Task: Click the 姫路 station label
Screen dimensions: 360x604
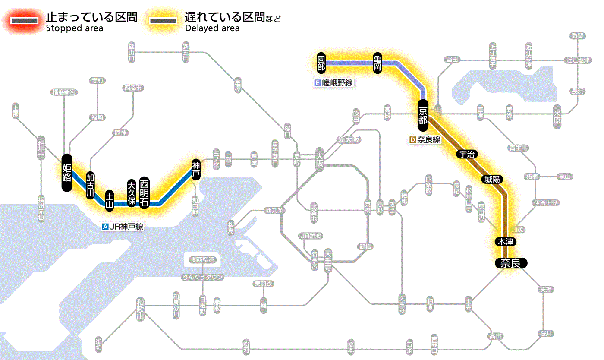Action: [x=66, y=172]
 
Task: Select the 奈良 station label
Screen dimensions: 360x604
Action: [x=511, y=263]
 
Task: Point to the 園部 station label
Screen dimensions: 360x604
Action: [x=321, y=63]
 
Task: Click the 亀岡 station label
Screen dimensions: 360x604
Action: [x=377, y=63]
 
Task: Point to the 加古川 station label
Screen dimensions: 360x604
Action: [x=90, y=186]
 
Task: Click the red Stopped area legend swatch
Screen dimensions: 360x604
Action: [x=24, y=20]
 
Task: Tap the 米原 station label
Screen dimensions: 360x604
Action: [x=557, y=116]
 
